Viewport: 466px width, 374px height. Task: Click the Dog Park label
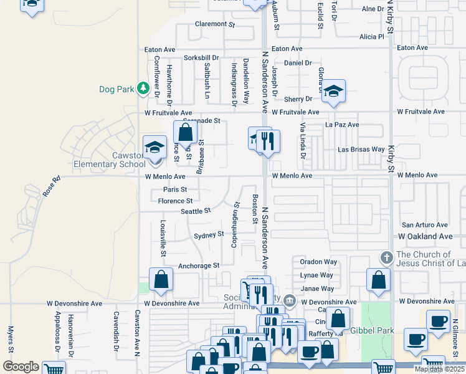point(117,89)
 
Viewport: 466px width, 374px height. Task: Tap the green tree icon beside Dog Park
point(144,89)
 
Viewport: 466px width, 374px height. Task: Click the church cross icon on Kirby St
point(386,257)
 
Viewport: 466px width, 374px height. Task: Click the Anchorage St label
point(199,266)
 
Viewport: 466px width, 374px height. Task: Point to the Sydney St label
point(209,235)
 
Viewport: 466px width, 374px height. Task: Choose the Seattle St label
point(196,212)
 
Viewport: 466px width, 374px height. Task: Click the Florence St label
point(175,201)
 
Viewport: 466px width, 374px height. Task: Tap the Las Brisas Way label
point(361,150)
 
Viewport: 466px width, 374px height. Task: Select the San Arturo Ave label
point(424,225)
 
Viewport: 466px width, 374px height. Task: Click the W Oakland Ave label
point(425,237)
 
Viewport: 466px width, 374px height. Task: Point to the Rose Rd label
point(51,188)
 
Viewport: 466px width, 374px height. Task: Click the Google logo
point(21,367)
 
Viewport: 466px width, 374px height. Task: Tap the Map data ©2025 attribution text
point(439,369)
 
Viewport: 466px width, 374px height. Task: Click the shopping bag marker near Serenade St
point(185,132)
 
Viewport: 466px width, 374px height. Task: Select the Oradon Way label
point(318,262)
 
